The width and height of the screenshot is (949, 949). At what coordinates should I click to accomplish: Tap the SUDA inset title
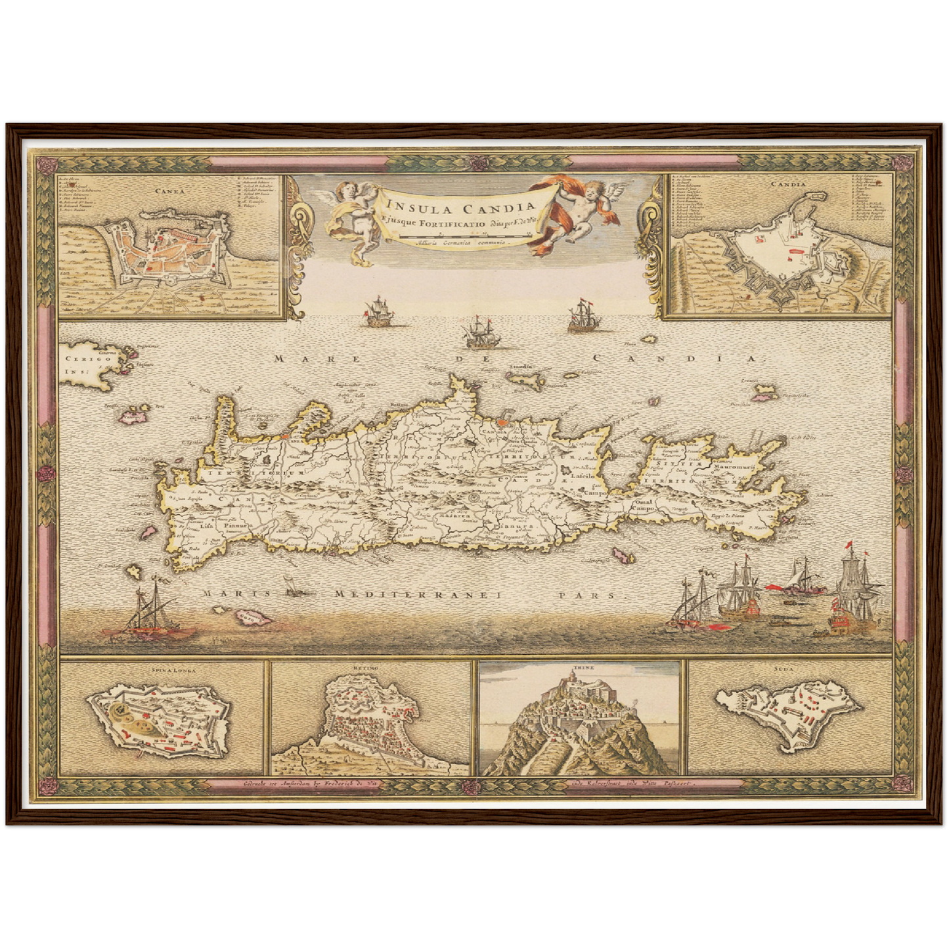click(x=787, y=669)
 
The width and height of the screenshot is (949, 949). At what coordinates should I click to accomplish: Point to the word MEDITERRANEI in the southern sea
click(x=418, y=594)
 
